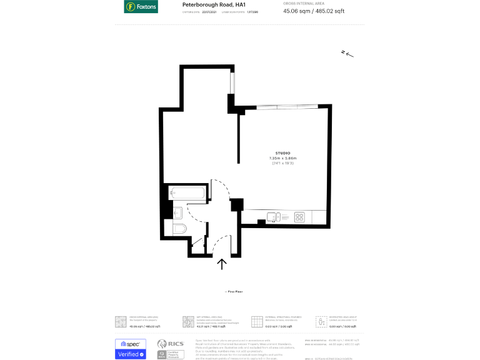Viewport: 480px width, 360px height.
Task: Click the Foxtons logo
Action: coord(141,7)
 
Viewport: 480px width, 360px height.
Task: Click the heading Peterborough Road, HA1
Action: coord(208,4)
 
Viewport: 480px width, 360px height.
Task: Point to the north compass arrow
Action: coord(347,54)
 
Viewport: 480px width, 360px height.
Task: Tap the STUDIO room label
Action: coord(282,153)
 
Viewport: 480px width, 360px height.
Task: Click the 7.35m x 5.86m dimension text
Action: coord(282,158)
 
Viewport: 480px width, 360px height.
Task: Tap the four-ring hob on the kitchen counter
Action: coord(299,217)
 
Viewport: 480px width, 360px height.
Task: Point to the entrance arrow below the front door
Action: coord(222,264)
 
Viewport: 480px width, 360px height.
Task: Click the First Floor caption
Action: coord(234,292)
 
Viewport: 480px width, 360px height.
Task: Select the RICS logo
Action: coord(170,344)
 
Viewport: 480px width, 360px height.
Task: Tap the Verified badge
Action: coord(131,354)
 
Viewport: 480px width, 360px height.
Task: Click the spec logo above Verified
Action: coord(131,344)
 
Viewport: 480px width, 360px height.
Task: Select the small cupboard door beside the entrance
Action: coord(200,246)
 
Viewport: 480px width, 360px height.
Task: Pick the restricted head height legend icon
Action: coord(322,322)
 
